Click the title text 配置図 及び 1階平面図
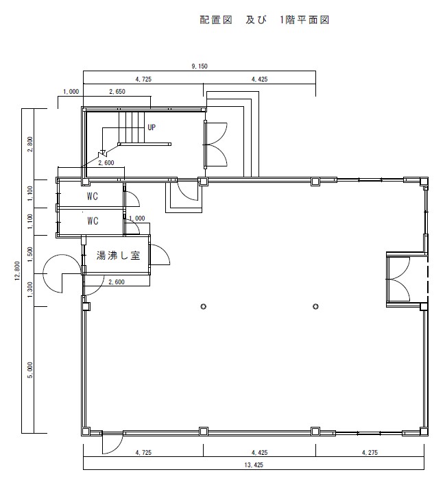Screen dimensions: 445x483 coord(265,20)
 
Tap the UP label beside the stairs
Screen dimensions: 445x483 coord(152,127)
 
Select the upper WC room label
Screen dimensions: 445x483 coord(93,196)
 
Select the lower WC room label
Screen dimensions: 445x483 coord(93,221)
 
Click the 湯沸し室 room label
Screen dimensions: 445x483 coord(118,256)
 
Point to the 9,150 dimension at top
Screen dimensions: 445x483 coord(200,66)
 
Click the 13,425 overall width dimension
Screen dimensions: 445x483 coord(254,465)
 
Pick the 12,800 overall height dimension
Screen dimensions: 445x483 coord(17,271)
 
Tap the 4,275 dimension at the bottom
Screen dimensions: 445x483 coord(370,452)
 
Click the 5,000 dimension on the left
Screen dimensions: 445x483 coord(30,370)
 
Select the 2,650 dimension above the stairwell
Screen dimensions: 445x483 coord(117,92)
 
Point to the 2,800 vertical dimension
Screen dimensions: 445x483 coord(30,144)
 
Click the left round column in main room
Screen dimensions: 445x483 coord(203,306)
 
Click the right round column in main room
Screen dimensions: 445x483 coord(315,306)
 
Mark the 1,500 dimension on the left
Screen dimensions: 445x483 coord(30,254)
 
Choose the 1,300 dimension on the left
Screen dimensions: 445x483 coord(30,290)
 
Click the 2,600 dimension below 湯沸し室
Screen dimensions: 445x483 coord(117,282)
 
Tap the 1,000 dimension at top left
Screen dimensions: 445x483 coord(71,92)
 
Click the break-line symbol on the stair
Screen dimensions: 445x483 coord(102,153)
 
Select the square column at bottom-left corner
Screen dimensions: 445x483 coord(86,431)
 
